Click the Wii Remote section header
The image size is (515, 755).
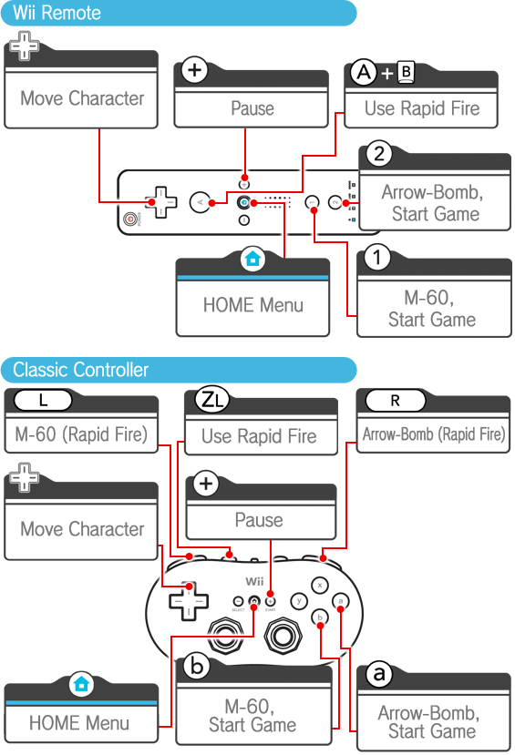[179, 13]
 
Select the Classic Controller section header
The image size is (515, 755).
[179, 370]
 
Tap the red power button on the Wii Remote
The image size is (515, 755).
[129, 219]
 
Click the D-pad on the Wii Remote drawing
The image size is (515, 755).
[161, 202]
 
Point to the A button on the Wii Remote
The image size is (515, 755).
[201, 203]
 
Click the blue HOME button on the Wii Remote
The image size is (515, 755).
[244, 203]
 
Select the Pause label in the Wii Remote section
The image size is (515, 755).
[252, 108]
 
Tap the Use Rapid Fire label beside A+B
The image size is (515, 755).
[422, 108]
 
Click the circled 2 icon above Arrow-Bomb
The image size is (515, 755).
[379, 154]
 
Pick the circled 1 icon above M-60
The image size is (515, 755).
[377, 258]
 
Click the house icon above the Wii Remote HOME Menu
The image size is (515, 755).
[252, 260]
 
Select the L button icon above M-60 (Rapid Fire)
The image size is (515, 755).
[43, 400]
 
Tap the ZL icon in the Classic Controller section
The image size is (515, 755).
[211, 400]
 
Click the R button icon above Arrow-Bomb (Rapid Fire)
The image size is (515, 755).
[396, 400]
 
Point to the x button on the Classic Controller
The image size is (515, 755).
[320, 586]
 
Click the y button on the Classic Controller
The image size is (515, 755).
[299, 601]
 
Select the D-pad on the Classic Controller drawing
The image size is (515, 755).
[189, 601]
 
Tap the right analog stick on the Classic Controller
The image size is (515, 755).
[283, 636]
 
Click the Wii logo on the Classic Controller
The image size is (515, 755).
[254, 582]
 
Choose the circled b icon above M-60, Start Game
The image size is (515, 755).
[197, 667]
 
